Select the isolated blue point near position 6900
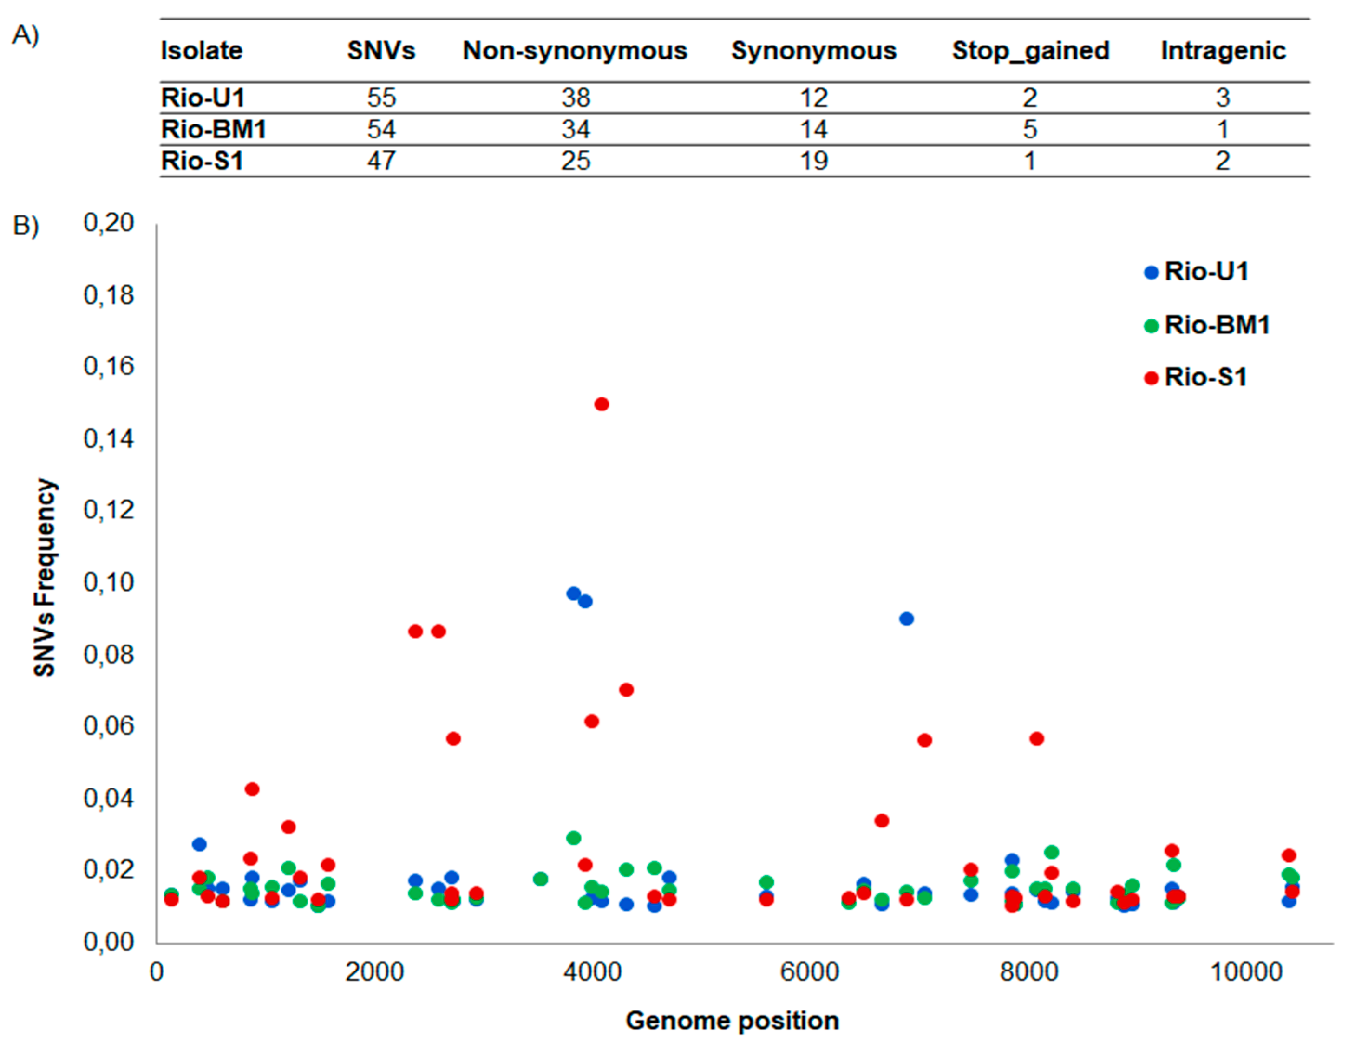pos(906,619)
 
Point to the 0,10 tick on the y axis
pos(109,582)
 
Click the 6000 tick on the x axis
pos(810,972)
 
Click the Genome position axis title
pos(732,1021)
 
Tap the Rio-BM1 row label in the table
pos(213,130)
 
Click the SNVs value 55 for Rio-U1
pos(381,98)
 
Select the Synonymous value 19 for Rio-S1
pos(813,161)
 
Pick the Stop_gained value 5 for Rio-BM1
pos(1030,130)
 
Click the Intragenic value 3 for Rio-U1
pos(1222,98)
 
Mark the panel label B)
pos(26,226)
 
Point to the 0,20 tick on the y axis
pos(109,223)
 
